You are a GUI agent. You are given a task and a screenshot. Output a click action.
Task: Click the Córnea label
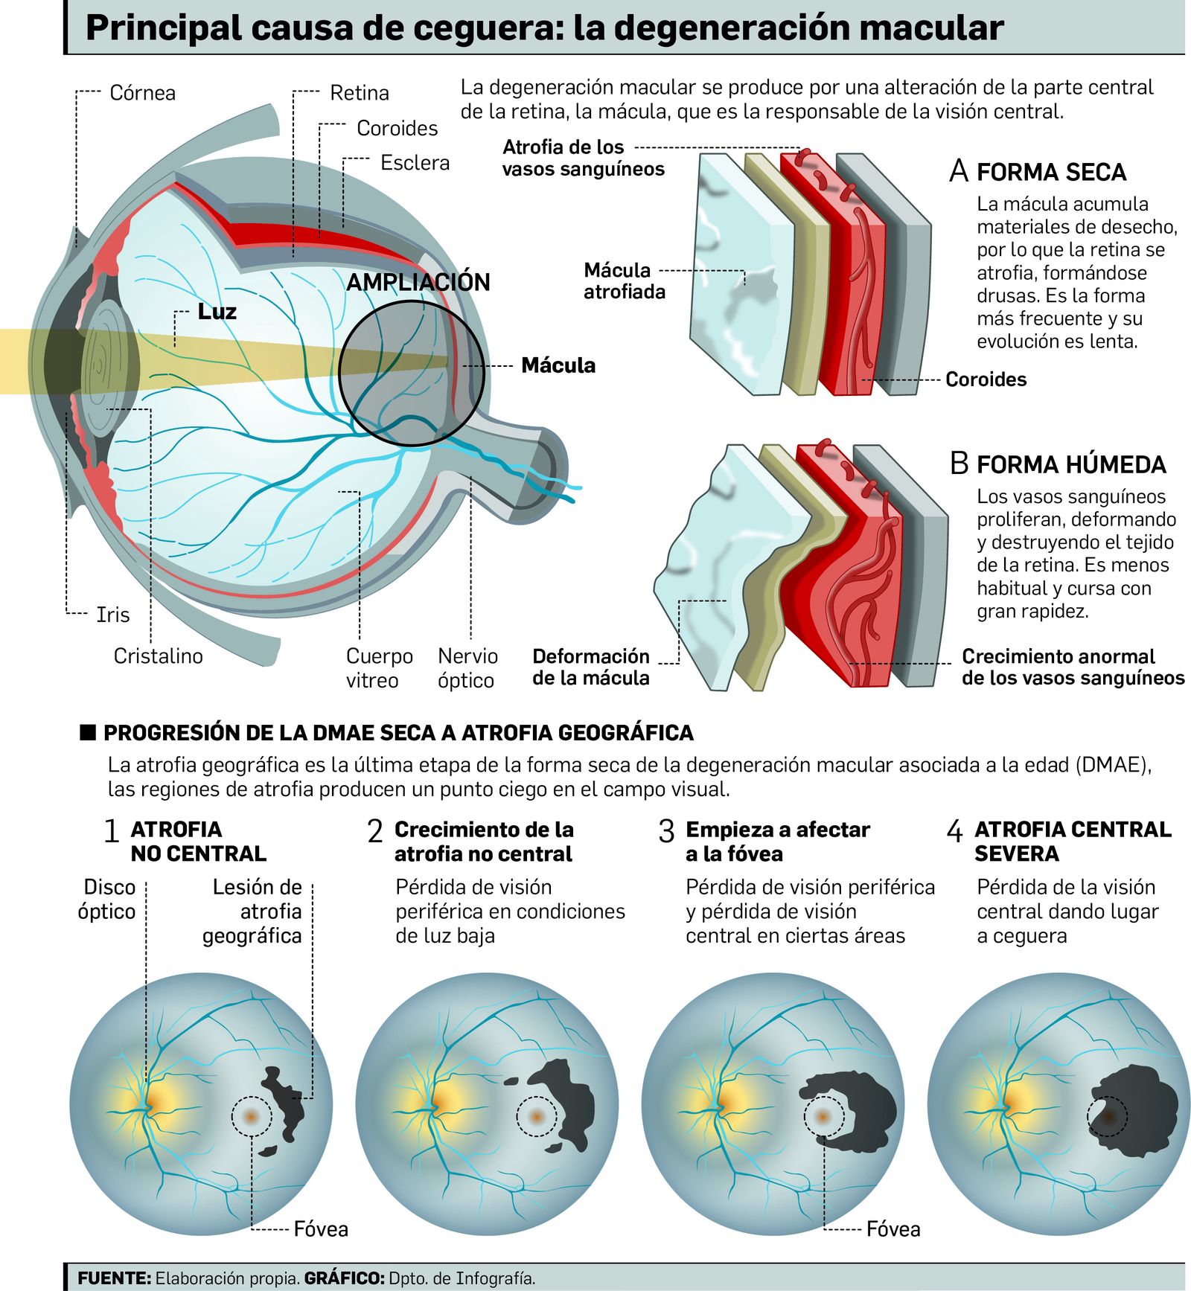(x=142, y=93)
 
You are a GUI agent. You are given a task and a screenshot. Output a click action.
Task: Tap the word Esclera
(x=415, y=163)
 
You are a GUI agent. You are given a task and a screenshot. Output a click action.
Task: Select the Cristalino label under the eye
(x=158, y=656)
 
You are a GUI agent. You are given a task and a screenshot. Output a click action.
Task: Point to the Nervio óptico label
(x=467, y=667)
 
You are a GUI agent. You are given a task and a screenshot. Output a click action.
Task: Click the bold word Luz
(x=217, y=311)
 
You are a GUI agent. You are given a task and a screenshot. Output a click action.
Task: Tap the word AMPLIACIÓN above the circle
(x=418, y=282)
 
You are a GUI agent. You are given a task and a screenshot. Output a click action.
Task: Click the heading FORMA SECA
(x=1051, y=173)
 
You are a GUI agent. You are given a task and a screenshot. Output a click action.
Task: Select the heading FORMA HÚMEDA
(x=1070, y=465)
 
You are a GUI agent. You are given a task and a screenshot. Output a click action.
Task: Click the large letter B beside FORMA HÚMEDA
(x=959, y=464)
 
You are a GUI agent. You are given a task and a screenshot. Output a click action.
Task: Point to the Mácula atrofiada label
(x=624, y=281)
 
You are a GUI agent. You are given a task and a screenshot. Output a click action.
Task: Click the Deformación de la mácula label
(x=591, y=667)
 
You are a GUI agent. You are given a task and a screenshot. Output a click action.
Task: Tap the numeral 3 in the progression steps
(x=666, y=832)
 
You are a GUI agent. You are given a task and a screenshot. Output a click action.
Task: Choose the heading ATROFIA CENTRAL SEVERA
(x=1072, y=841)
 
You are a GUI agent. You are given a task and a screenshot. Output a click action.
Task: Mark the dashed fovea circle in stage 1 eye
(x=252, y=1116)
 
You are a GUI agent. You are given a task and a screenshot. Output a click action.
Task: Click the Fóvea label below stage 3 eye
(x=893, y=1228)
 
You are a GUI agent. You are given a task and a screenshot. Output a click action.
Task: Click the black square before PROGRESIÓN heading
(x=88, y=732)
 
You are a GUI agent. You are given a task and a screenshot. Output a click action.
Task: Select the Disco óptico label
(x=107, y=899)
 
